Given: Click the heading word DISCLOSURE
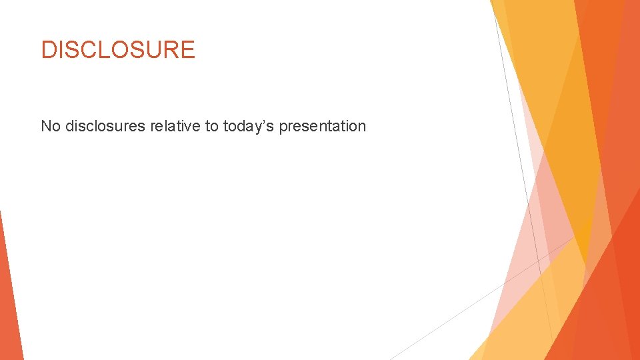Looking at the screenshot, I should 118,50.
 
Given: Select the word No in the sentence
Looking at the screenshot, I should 51,126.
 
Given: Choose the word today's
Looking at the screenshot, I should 249,127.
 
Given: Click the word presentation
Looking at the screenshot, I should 323,127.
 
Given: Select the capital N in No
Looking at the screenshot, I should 46,126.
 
